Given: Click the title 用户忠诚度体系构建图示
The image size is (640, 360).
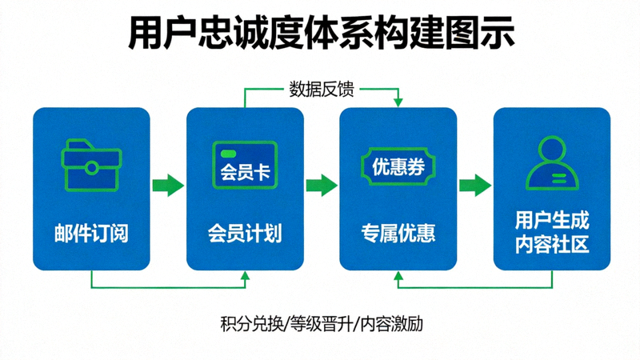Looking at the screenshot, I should [320, 34].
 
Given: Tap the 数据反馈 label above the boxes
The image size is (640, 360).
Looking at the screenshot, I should [320, 88].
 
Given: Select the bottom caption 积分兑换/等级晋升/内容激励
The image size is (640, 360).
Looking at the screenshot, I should [320, 325].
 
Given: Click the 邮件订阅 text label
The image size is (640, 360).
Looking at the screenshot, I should [91, 234].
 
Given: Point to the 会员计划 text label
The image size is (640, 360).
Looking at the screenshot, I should [245, 234].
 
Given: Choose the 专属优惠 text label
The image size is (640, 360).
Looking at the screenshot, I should [398, 234].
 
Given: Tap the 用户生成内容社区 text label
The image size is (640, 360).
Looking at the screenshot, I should [552, 232].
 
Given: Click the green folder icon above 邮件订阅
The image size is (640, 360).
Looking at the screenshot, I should [91, 166].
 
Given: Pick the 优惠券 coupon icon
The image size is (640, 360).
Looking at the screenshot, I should [398, 166].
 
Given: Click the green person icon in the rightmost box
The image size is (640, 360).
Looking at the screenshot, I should [552, 164].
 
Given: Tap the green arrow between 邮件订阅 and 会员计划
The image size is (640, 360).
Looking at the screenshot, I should [168, 186].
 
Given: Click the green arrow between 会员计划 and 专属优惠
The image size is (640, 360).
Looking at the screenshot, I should [322, 186].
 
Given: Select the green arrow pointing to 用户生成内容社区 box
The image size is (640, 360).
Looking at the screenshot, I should [475, 186].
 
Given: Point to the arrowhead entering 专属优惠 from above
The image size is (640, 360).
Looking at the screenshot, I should [398, 102].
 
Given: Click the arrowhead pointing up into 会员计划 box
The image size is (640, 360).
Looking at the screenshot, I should [245, 274].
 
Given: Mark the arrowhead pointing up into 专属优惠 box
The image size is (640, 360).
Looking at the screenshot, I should [398, 274].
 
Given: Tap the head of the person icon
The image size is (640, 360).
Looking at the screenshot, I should [552, 149].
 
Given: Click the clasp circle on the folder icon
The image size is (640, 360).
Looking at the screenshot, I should [91, 168].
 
